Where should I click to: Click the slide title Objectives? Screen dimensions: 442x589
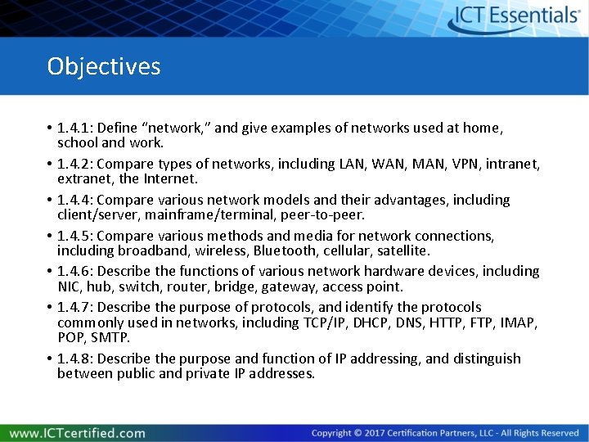104,66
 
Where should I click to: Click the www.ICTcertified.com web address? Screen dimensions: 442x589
78,433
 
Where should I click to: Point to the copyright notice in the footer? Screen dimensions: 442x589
445,433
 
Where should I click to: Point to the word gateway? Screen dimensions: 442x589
289,286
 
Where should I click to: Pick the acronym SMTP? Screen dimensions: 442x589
110,337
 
